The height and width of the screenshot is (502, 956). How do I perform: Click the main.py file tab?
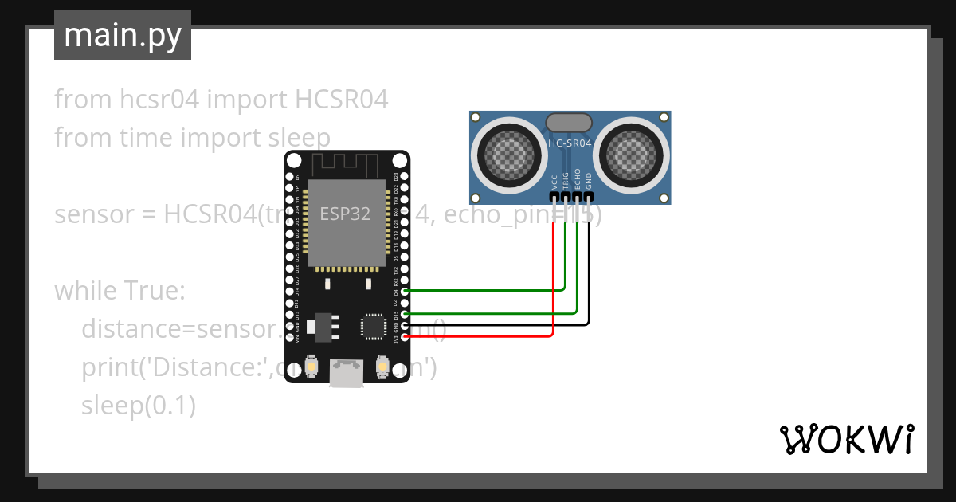tap(123, 35)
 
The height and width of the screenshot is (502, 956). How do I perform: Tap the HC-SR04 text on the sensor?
tap(570, 144)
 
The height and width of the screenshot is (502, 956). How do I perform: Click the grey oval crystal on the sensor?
tap(569, 122)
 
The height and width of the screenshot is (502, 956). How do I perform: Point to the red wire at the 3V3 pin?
tap(478, 336)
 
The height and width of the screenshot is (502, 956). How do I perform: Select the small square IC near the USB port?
tap(373, 327)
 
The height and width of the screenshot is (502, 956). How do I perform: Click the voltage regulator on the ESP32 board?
tap(324, 325)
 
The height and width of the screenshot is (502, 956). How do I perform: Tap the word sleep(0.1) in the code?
tap(139, 406)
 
